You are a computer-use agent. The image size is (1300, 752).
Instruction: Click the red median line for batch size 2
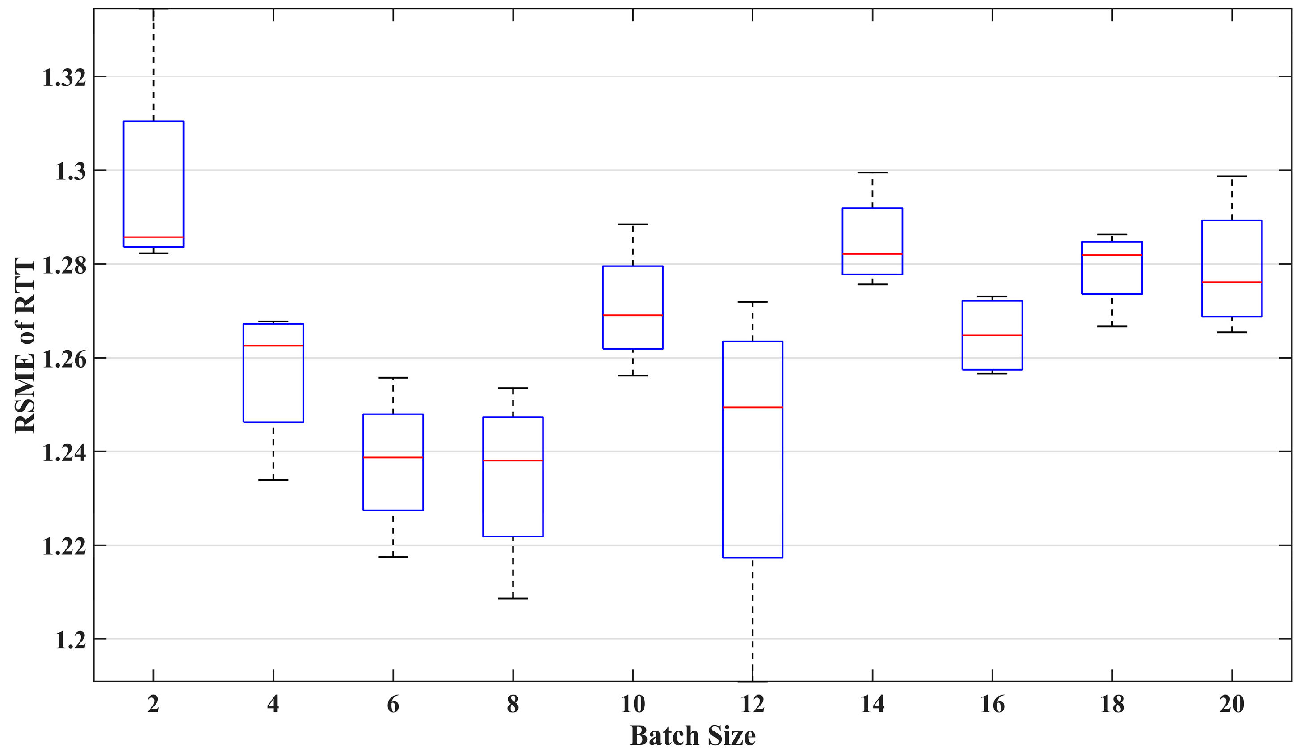(x=153, y=237)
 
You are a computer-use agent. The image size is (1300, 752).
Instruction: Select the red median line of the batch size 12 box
(x=752, y=407)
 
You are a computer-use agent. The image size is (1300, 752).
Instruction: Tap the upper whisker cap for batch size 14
(x=872, y=173)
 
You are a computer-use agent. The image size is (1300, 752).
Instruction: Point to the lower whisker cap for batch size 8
(x=513, y=598)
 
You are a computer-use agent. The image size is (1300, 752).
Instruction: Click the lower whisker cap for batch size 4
(x=273, y=480)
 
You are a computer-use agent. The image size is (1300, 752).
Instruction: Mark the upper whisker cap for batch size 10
(x=632, y=224)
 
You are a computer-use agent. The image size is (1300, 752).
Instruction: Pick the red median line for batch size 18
(x=1112, y=255)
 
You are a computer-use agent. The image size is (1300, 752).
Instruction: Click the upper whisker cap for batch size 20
(x=1232, y=177)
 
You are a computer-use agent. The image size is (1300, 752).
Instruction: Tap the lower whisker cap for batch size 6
(x=393, y=557)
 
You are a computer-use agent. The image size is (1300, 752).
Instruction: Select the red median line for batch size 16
(x=992, y=335)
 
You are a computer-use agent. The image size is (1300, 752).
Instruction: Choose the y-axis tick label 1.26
(x=63, y=359)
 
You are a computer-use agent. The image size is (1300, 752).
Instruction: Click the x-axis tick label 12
(x=752, y=704)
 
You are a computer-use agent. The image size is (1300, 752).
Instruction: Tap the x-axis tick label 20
(x=1232, y=704)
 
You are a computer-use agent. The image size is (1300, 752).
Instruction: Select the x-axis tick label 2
(x=153, y=704)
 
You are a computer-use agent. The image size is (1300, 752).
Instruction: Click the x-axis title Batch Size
(x=692, y=735)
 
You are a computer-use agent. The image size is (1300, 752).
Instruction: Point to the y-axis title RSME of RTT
(x=25, y=345)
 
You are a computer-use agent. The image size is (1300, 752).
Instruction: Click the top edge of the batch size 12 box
(x=752, y=342)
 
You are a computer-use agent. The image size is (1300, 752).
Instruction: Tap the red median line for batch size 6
(x=393, y=457)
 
